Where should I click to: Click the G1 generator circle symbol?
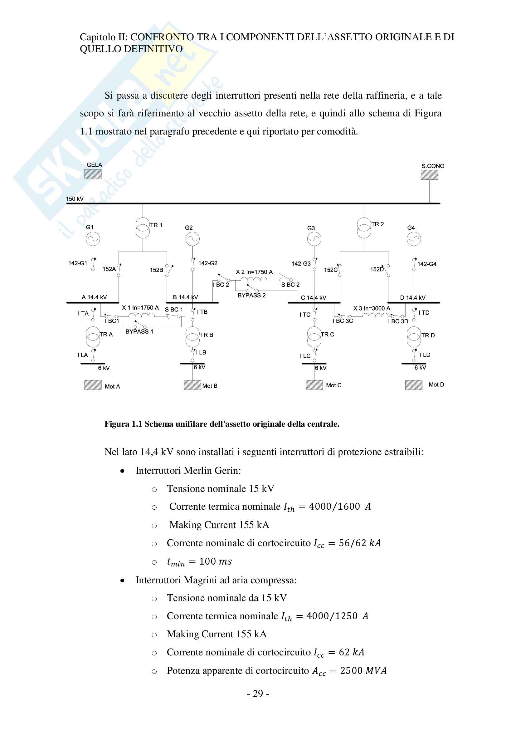[93, 239]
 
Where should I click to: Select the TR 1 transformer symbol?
[143, 228]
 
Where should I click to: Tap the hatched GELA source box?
[93, 174]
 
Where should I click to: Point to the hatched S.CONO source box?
[429, 175]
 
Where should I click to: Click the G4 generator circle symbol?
[414, 239]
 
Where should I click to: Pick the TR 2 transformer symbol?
[364, 228]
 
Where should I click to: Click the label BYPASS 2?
[252, 295]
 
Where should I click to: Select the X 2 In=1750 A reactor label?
[254, 272]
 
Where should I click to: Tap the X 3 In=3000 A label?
[372, 308]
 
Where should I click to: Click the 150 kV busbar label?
[75, 199]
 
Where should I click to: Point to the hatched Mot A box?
[93, 385]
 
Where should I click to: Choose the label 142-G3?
[301, 264]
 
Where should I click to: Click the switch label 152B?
[156, 270]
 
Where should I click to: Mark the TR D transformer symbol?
[414, 337]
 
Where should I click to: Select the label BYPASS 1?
[139, 332]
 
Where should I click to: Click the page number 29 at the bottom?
[258, 694]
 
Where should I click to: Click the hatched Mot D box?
[414, 385]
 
